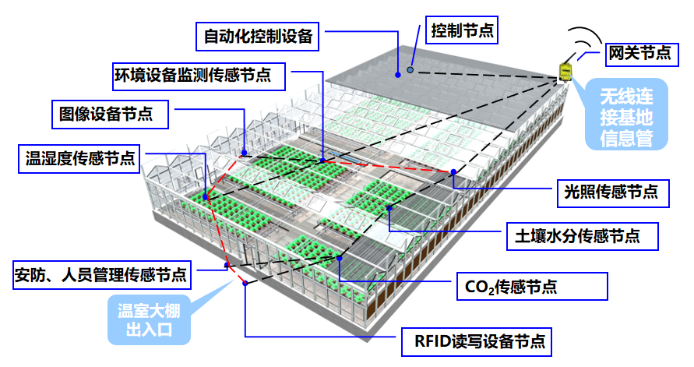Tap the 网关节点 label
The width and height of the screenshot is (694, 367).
[x=639, y=53]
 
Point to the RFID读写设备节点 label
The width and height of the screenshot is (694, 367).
[x=474, y=341]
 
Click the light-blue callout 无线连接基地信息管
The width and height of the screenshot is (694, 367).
[x=625, y=118]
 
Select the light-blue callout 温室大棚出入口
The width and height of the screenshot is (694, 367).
[x=149, y=321]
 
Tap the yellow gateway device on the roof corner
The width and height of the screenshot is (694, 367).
[x=564, y=72]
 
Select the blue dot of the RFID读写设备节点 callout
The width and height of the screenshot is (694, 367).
[x=245, y=282]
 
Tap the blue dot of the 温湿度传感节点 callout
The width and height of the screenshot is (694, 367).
[x=205, y=196]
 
